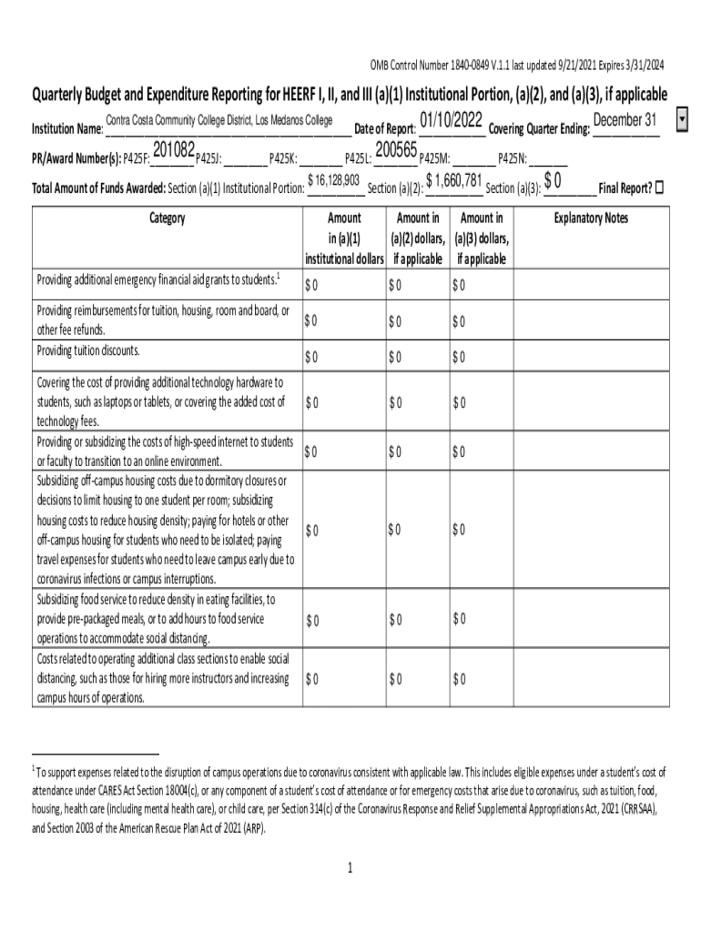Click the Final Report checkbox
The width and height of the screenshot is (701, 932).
(660, 187)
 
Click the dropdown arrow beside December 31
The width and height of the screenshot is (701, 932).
(683, 121)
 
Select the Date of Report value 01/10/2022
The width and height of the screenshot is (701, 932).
(451, 121)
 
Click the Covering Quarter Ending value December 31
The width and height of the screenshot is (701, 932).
(625, 121)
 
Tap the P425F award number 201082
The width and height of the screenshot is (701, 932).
(173, 150)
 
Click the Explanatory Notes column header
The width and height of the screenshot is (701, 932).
(591, 218)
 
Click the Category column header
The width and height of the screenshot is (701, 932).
(165, 218)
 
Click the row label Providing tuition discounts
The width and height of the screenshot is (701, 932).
(88, 351)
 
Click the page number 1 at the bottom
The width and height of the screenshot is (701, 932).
(350, 868)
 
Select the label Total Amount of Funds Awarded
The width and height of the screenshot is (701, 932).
(98, 188)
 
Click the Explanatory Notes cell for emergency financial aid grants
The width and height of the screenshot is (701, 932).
(591, 285)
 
